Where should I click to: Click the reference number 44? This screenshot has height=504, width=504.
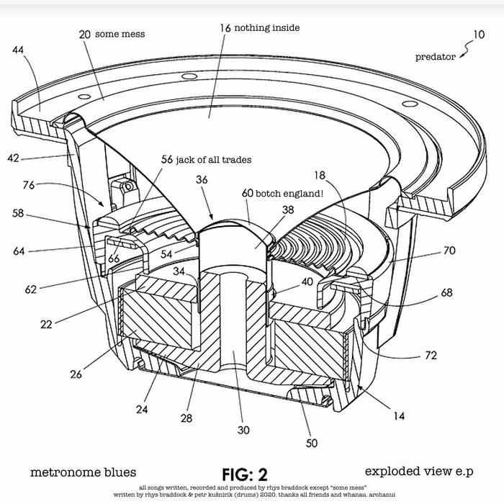click(18, 50)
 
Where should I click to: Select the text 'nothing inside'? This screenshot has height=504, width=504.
click(269, 27)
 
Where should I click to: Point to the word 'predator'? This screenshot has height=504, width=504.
click(436, 57)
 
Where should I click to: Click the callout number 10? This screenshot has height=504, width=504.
click(479, 34)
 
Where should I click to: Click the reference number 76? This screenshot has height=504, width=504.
click(28, 184)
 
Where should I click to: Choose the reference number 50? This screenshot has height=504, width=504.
click(311, 444)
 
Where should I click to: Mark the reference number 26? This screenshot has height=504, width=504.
click(76, 374)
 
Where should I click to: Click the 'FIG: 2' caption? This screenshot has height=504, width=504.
click(244, 474)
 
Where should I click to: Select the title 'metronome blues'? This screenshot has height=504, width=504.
click(83, 472)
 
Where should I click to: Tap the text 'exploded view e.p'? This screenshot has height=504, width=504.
click(418, 472)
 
